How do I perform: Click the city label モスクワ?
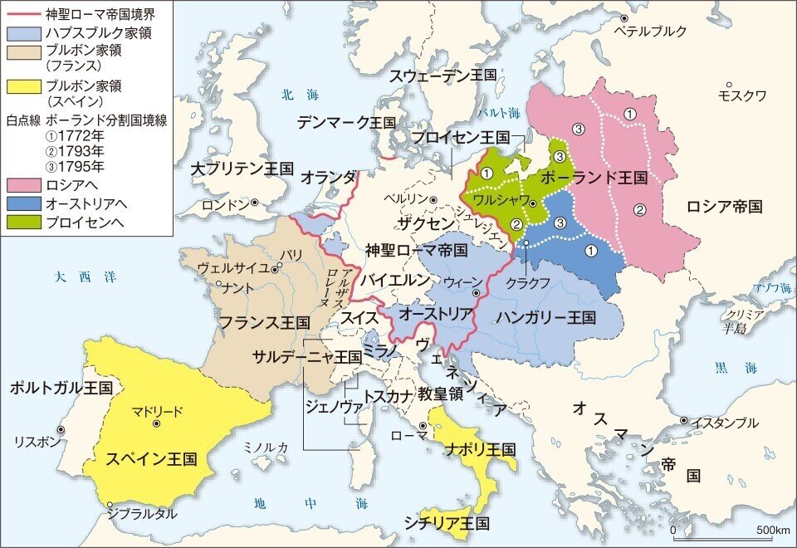point(742,95)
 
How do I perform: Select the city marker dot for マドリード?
point(156,423)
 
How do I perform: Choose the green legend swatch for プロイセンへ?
point(23,222)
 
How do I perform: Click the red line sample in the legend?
point(23,15)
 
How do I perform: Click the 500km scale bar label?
point(772,530)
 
